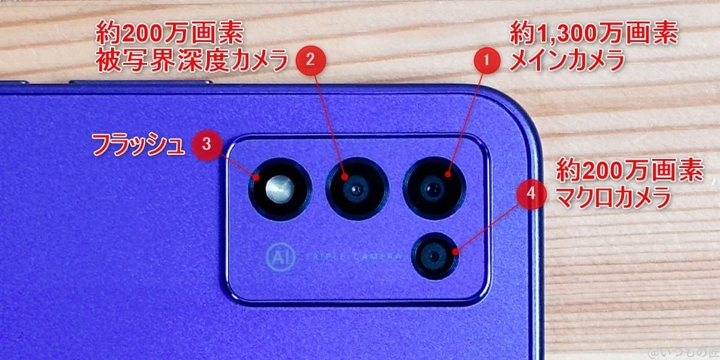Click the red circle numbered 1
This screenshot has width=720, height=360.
pos(487,60)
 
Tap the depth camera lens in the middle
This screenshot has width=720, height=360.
pos(356,188)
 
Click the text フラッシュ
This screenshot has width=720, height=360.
pos(137,144)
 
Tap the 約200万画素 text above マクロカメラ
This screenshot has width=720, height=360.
pos(629,172)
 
